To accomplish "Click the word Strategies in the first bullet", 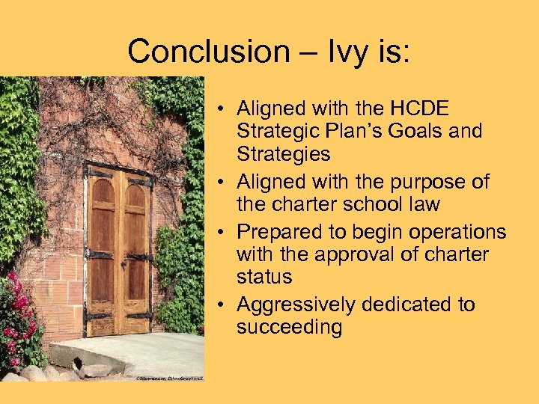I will click(x=283, y=154).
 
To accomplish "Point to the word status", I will click(x=264, y=276).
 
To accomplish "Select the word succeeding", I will click(x=289, y=327).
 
